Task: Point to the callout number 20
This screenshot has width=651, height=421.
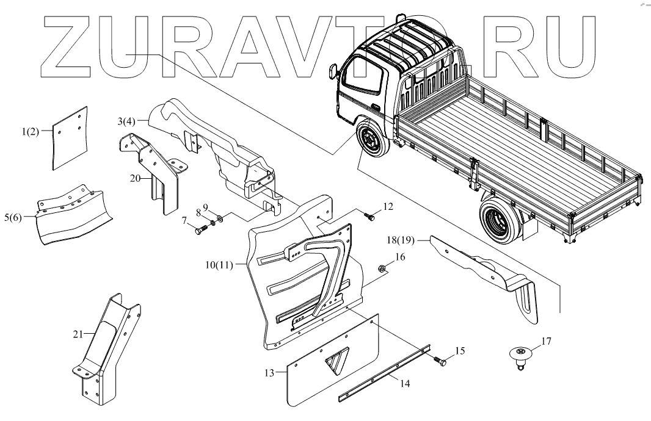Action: pyautogui.click(x=135, y=178)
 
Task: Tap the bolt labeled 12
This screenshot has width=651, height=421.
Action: pyautogui.click(x=370, y=215)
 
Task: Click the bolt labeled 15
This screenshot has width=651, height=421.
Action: pyautogui.click(x=440, y=361)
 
